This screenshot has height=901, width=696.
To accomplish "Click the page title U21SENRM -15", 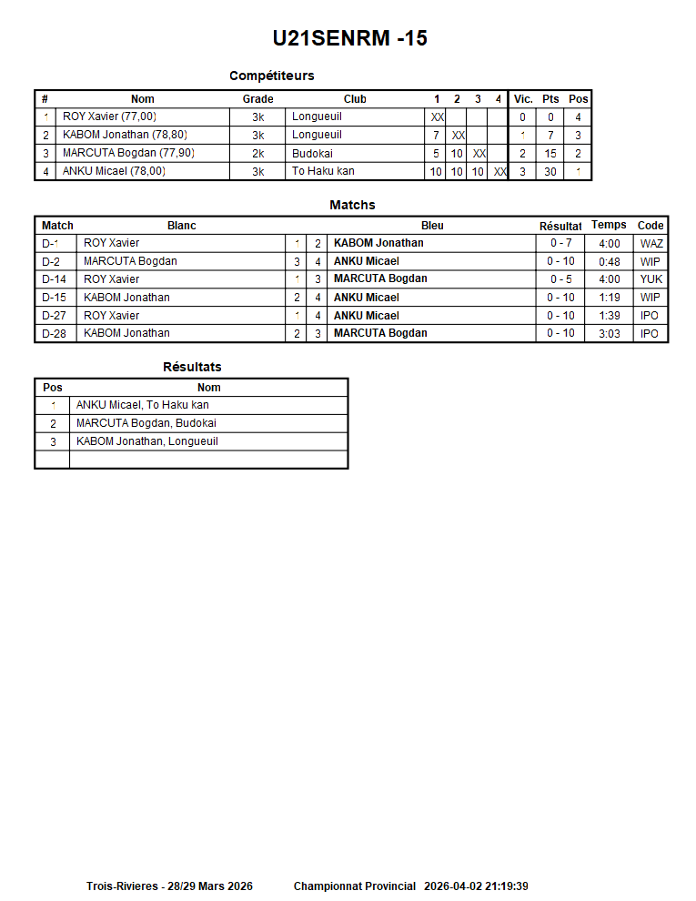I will coord(350,38).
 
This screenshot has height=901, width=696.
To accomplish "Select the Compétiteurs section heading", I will coord(272,76).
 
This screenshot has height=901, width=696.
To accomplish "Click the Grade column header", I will coord(257,99).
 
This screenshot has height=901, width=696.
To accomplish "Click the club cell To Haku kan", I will coord(323,171).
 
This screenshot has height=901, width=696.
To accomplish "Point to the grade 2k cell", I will coord(257,154).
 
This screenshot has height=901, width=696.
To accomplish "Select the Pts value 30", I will coord(550,171).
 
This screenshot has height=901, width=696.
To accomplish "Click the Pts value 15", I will coord(550,154).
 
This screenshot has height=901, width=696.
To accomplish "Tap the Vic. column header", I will coord(523,99).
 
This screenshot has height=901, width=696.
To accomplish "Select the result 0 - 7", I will coord(560,244).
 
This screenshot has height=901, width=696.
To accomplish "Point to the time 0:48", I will coord(610,262).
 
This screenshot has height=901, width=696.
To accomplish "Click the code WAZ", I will coord(651,244).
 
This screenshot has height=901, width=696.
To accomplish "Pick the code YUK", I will coord(651,279).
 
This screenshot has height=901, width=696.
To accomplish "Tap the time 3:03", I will coord(610,333).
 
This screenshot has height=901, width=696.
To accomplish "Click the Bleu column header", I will coord(432,226).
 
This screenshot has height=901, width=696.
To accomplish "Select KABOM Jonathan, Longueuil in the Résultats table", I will coord(146,441).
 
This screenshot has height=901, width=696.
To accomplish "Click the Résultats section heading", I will coord(192,367).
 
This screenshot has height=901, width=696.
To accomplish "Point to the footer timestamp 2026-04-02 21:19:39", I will coord(476,886).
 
